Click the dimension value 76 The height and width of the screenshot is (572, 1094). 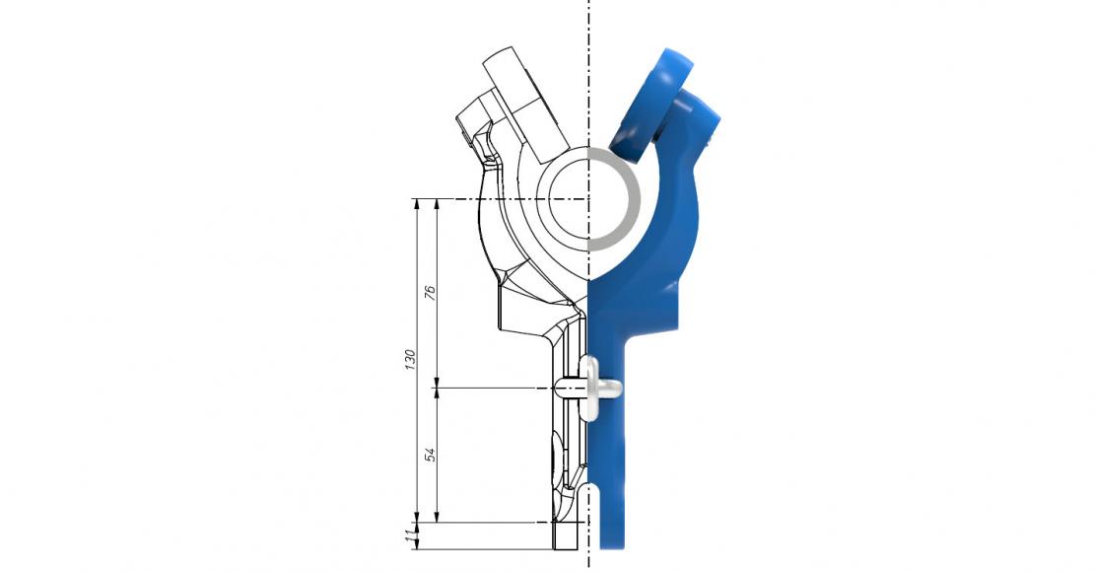click(429, 293)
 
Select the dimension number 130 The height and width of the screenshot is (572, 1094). click(408, 360)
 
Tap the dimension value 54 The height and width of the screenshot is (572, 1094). click(429, 455)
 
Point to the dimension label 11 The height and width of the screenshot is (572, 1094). click(408, 536)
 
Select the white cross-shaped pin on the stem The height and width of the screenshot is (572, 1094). click(595, 388)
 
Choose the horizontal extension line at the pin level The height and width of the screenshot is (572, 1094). click(493, 388)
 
